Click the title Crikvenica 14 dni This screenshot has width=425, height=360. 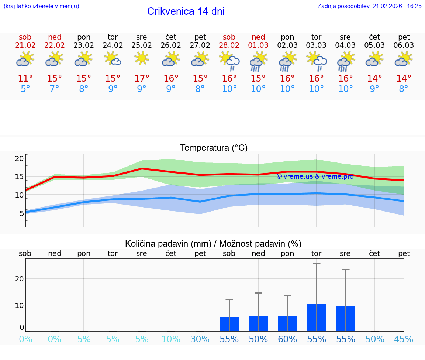coord(186,11)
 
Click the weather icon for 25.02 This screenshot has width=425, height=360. coord(142,58)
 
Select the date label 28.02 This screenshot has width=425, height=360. coord(229,45)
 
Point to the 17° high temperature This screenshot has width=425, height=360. coord(142,79)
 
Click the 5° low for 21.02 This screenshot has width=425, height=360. coord(25,89)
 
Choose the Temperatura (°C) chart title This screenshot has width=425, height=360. coord(214,148)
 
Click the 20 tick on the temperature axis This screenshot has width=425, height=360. coord(19,159)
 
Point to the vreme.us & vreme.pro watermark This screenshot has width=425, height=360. coord(315,176)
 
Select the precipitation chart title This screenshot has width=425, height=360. coord(213,244)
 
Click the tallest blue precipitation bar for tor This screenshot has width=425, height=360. coord(317,318)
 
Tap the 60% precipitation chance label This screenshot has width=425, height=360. coord(287,339)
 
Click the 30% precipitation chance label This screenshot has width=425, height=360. coord(200,339)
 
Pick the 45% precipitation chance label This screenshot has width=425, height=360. coord(404,339)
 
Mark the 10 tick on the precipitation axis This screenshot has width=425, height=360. coord(19,305)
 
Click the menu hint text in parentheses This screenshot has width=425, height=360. coord(41,6)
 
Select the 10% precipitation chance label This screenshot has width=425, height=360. coord(171,339)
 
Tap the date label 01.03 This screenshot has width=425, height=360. coord(258,45)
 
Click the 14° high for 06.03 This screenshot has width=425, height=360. coord(404,79)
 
